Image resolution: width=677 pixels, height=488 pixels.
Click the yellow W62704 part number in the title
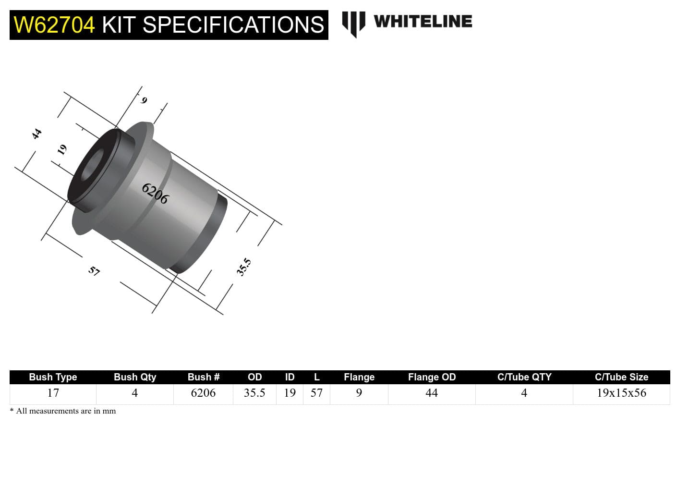click(54, 25)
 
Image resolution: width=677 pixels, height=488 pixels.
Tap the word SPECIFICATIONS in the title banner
click(233, 25)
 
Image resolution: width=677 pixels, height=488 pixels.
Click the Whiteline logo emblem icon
click(353, 24)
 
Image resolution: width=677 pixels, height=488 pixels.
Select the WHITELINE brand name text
click(423, 22)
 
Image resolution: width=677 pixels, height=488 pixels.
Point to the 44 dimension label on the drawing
click(36, 134)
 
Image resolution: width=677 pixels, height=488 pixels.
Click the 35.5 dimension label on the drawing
click(243, 267)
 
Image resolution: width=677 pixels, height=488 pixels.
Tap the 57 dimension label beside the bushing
click(94, 271)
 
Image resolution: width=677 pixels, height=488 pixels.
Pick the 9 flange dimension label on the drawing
click(144, 100)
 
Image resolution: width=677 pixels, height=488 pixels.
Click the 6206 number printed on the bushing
click(155, 194)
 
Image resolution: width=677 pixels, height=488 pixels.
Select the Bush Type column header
click(53, 377)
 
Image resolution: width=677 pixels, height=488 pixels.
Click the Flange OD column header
click(432, 377)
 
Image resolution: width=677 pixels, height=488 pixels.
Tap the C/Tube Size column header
click(621, 377)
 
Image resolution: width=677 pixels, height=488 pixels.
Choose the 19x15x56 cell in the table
click(621, 393)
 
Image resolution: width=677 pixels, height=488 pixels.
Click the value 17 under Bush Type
click(53, 393)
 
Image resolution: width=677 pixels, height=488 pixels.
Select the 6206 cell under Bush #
click(203, 393)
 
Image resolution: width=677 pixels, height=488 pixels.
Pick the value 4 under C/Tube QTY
click(524, 393)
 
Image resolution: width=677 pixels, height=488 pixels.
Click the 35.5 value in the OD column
click(254, 393)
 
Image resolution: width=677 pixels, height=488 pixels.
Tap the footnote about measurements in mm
click(63, 411)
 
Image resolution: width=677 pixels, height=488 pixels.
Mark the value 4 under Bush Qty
click(134, 393)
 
